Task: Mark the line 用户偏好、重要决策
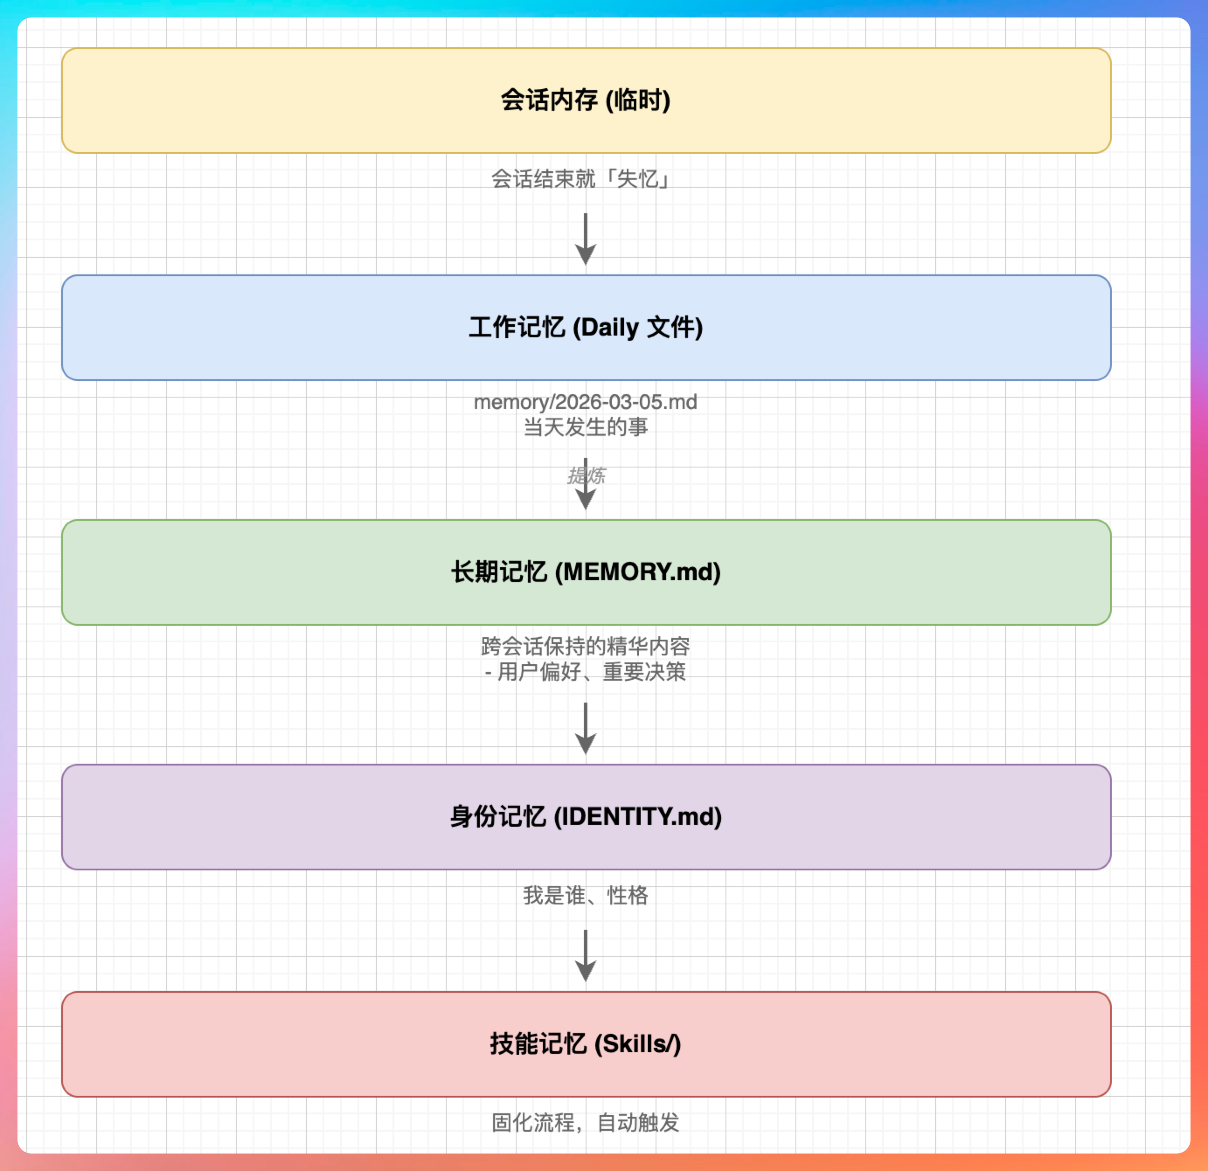[x=590, y=671]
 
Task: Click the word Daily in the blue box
[x=610, y=327]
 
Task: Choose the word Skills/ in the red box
[x=638, y=1044]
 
